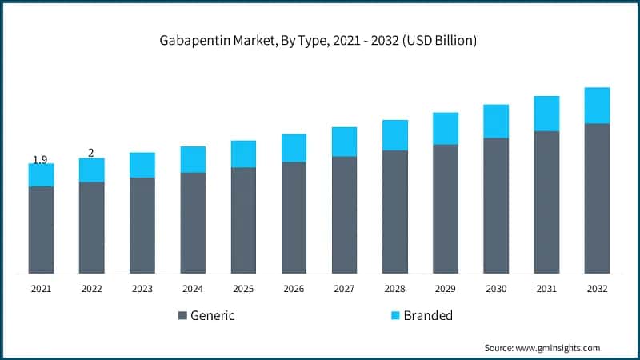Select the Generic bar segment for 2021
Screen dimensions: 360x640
coord(41,230)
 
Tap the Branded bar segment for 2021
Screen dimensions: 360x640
coord(41,175)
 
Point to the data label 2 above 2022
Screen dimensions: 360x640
coord(91,153)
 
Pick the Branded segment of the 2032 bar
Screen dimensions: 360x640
coord(597,106)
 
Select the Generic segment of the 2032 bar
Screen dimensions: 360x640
coord(597,198)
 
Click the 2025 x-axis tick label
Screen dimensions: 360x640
coord(243,288)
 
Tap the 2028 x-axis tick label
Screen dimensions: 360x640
coord(394,288)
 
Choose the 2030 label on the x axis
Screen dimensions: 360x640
coord(495,288)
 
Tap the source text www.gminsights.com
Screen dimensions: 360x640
coord(542,348)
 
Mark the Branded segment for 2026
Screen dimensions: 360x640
coord(294,148)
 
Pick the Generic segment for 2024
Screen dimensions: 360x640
coord(193,222)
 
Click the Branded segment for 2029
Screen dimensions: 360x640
coord(445,129)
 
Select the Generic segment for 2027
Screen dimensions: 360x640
coord(344,214)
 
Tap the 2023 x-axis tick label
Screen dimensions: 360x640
coord(142,288)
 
